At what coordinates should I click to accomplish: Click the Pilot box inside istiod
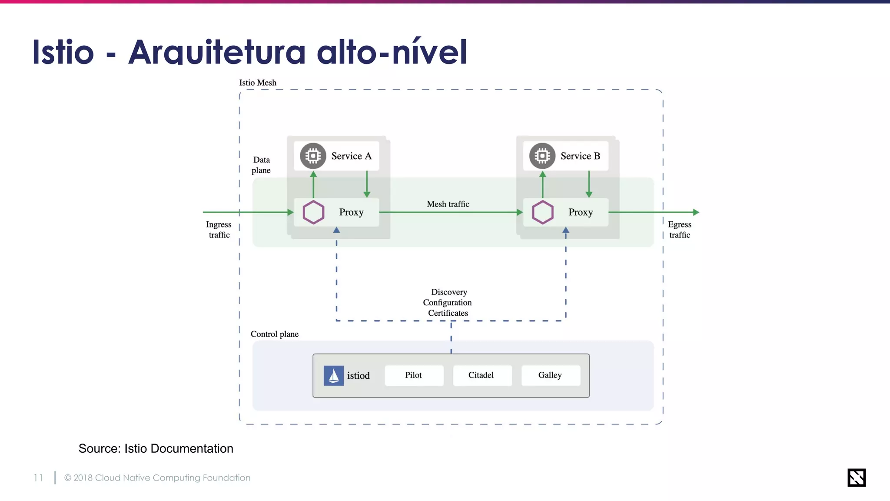pos(414,375)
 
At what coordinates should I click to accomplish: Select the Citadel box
pos(482,375)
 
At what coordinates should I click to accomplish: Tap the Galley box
pos(550,375)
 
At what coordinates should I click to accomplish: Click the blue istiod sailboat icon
pos(334,376)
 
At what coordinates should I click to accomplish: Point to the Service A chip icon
pos(313,156)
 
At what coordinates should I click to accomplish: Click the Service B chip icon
pos(542,156)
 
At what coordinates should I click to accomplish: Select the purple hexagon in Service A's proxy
pos(313,212)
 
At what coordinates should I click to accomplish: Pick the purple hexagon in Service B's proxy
pos(542,212)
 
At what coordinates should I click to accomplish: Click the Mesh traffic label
pos(448,204)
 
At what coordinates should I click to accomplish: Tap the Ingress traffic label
pos(219,230)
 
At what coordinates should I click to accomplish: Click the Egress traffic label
pos(680,230)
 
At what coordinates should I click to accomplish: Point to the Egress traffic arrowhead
pos(696,212)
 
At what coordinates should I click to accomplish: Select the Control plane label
pos(275,334)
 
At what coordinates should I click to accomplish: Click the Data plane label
pos(261,165)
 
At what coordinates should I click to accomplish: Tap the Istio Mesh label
pos(258,83)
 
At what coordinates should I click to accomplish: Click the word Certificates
pos(448,313)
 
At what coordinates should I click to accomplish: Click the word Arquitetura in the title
pos(217,52)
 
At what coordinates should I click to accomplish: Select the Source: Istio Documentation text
pos(156,448)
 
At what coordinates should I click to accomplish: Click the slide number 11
pos(38,478)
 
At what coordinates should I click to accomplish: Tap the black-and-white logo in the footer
pos(856,478)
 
